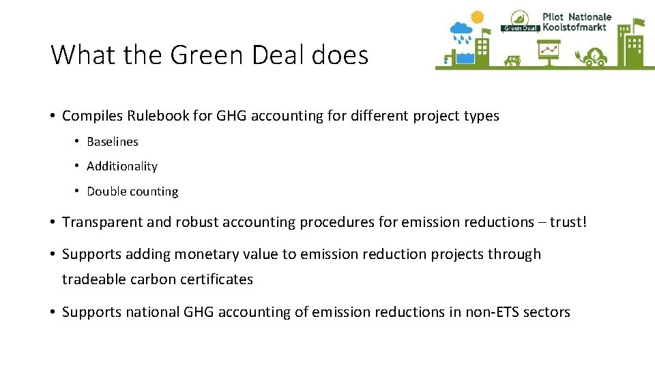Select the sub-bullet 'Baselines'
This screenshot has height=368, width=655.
tap(113, 142)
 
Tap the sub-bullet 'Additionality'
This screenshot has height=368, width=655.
tap(122, 166)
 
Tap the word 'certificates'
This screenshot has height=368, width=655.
tap(216, 279)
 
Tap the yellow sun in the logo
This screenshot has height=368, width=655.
tap(477, 16)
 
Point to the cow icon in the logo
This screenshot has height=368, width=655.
tap(512, 61)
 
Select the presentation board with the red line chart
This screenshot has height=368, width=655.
tap(548, 50)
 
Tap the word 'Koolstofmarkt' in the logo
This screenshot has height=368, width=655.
tap(574, 27)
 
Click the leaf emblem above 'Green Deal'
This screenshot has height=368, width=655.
tap(519, 18)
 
